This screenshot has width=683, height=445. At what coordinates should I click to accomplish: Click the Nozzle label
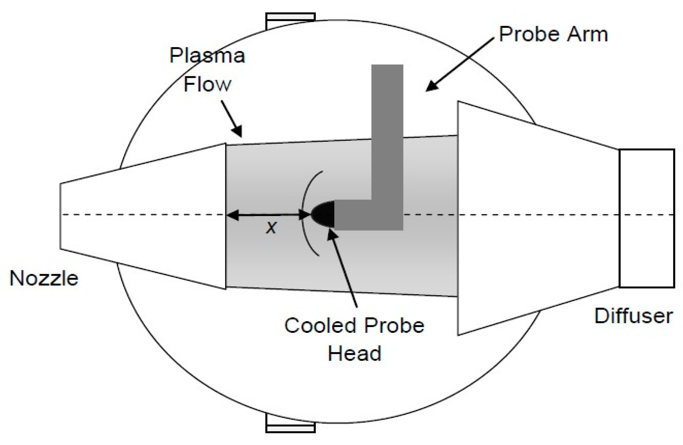click(x=44, y=279)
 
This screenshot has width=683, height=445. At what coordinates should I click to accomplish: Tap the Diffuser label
click(x=633, y=316)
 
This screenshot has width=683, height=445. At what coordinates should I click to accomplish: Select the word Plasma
click(x=207, y=56)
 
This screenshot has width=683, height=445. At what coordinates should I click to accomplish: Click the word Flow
click(x=207, y=84)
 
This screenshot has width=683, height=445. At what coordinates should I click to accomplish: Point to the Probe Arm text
click(x=553, y=34)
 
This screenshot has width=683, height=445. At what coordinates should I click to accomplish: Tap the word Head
click(x=354, y=353)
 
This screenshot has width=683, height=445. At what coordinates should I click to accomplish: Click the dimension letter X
click(x=271, y=228)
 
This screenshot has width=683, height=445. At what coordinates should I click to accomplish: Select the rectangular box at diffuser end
click(x=647, y=219)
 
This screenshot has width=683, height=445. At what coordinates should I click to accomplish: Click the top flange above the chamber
click(x=290, y=20)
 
